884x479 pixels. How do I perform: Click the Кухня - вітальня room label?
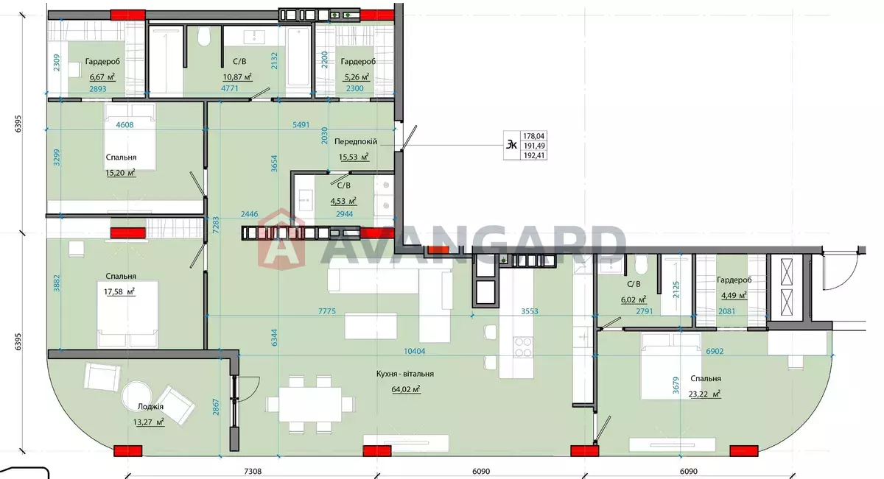[405, 374]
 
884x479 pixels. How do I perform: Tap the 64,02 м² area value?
[406, 389]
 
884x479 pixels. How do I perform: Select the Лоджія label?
[150, 406]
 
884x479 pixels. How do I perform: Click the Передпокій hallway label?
[356, 141]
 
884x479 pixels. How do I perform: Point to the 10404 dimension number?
[415, 351]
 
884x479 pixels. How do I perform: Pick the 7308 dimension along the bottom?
[253, 471]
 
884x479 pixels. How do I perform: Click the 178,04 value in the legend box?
[533, 136]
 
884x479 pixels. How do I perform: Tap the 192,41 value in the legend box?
[533, 155]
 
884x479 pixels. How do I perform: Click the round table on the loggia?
[136, 395]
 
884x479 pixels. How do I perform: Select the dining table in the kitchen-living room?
[310, 405]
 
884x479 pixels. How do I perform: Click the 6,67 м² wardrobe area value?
[102, 77]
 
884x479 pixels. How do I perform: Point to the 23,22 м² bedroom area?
[705, 394]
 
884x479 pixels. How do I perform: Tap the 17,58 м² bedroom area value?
[119, 291]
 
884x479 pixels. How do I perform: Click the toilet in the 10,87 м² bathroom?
[204, 38]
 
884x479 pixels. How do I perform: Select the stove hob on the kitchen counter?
[523, 347]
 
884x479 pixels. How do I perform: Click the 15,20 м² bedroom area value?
[120, 173]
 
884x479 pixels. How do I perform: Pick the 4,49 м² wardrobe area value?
[734, 295]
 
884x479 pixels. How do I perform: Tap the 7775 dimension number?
[327, 311]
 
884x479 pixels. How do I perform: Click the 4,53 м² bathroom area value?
[343, 201]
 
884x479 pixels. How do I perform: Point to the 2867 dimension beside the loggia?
[216, 406]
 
